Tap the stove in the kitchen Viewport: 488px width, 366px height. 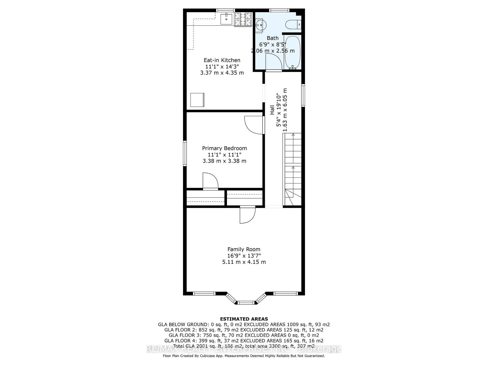[243, 19]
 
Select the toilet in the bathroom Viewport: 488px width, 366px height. [292, 24]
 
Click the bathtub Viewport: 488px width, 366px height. [293, 52]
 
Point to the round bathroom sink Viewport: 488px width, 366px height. [261, 25]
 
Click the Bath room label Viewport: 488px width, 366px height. [272, 38]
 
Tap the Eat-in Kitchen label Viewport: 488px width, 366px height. [222, 60]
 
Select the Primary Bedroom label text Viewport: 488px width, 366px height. [224, 148]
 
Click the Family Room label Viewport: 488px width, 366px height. [244, 249]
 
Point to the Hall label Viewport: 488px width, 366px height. [272, 110]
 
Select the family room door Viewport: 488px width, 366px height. [247, 215]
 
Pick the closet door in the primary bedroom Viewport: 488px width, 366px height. [210, 181]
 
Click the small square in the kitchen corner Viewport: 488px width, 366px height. [197, 100]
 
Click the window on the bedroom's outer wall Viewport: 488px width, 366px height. [185, 154]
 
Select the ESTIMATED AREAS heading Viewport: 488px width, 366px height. [244, 319]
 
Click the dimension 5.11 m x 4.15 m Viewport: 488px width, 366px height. [244, 262]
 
